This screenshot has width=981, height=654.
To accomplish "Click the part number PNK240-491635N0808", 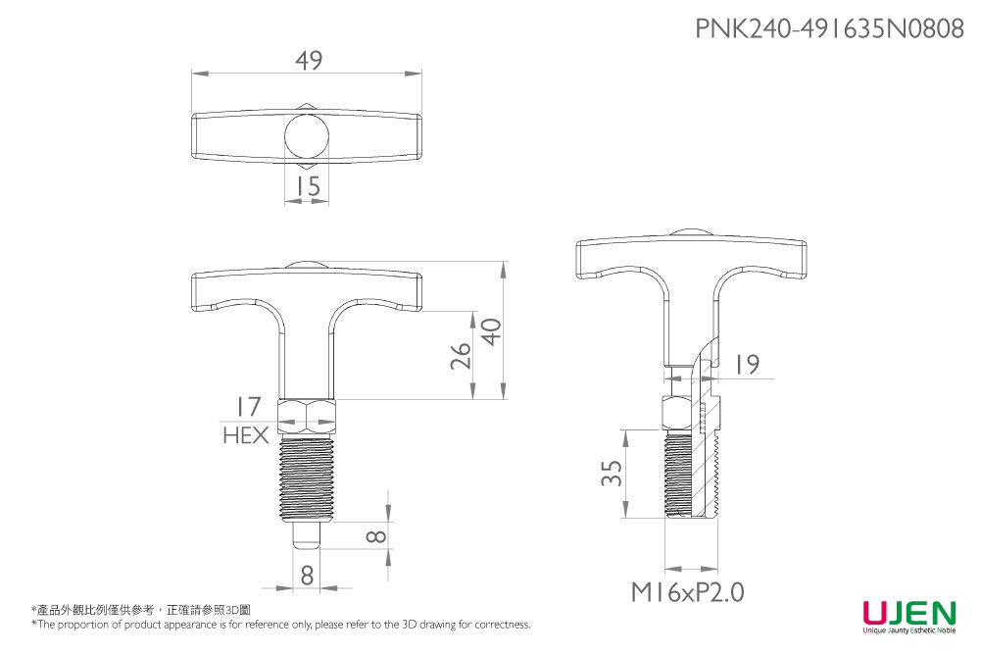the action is (830, 28).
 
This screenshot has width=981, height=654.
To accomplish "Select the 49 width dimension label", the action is (309, 60).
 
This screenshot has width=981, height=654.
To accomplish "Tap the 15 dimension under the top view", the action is (308, 186).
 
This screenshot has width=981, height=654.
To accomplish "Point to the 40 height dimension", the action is (493, 331).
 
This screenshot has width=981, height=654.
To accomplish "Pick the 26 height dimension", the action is (462, 356).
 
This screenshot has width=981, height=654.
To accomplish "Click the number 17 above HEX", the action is (248, 407).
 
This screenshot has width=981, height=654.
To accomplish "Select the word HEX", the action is (246, 435).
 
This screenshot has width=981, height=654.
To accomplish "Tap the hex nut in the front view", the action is (307, 417).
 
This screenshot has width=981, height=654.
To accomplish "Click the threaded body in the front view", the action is (307, 478).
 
